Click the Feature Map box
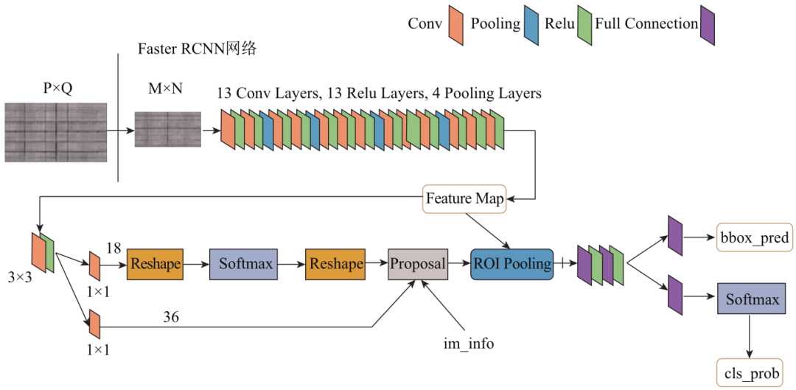tap(464, 198)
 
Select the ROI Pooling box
tap(512, 264)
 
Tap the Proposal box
tap(418, 264)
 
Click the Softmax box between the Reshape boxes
tap(244, 264)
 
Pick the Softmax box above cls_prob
tap(752, 300)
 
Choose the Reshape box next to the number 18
tap(155, 264)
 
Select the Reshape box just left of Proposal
tap(336, 264)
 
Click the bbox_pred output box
tap(753, 237)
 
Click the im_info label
tap(469, 344)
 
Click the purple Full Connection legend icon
tap(708, 25)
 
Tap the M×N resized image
tap(167, 130)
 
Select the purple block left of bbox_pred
tap(674, 235)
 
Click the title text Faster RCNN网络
tap(197, 49)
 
